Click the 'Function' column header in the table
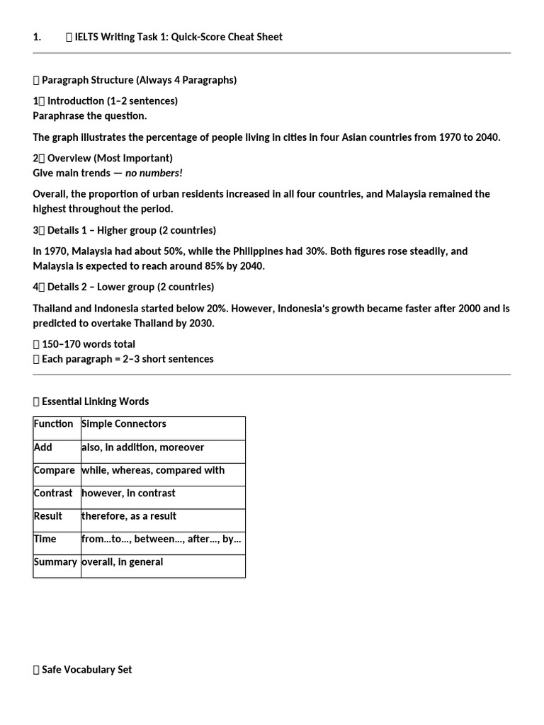coord(53,423)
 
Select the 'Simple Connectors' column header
coord(124,423)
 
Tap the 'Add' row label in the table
coord(42,447)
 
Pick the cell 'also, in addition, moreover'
coord(142,447)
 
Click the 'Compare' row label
coord(54,470)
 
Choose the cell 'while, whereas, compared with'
coord(153,470)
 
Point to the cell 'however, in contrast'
coord(128,493)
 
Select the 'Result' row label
coord(48,515)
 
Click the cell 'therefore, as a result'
coord(129,515)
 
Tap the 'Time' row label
coord(45,539)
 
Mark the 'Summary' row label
coord(55,561)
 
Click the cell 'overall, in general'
coord(122,561)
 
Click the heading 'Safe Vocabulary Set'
coord(86,669)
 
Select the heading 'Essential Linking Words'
coord(95,401)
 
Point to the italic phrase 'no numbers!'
coord(154,173)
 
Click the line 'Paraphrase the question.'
coord(90,115)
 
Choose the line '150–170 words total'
coord(88,344)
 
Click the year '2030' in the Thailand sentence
coord(200,323)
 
